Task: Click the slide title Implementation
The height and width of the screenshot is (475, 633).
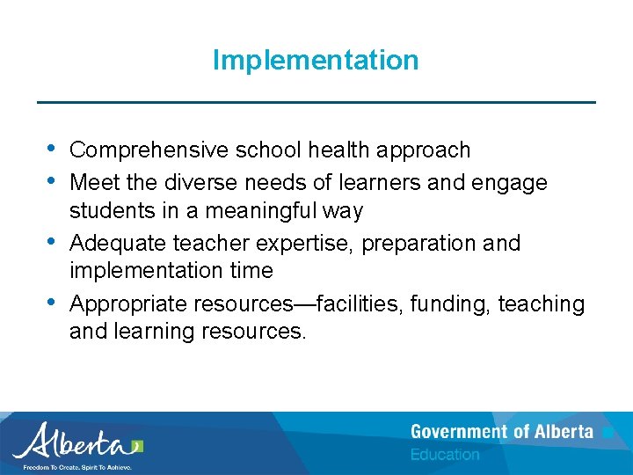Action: coord(316,61)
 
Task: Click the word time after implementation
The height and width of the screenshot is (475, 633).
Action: coord(249,271)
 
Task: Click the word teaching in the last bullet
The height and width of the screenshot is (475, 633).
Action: coord(542,304)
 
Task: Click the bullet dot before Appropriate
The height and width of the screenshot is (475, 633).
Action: coord(48,301)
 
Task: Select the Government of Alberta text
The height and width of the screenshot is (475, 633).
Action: coord(501,432)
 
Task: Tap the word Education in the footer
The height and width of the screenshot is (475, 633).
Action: coord(445,455)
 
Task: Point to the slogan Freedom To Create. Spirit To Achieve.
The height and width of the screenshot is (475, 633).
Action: coord(77,468)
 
